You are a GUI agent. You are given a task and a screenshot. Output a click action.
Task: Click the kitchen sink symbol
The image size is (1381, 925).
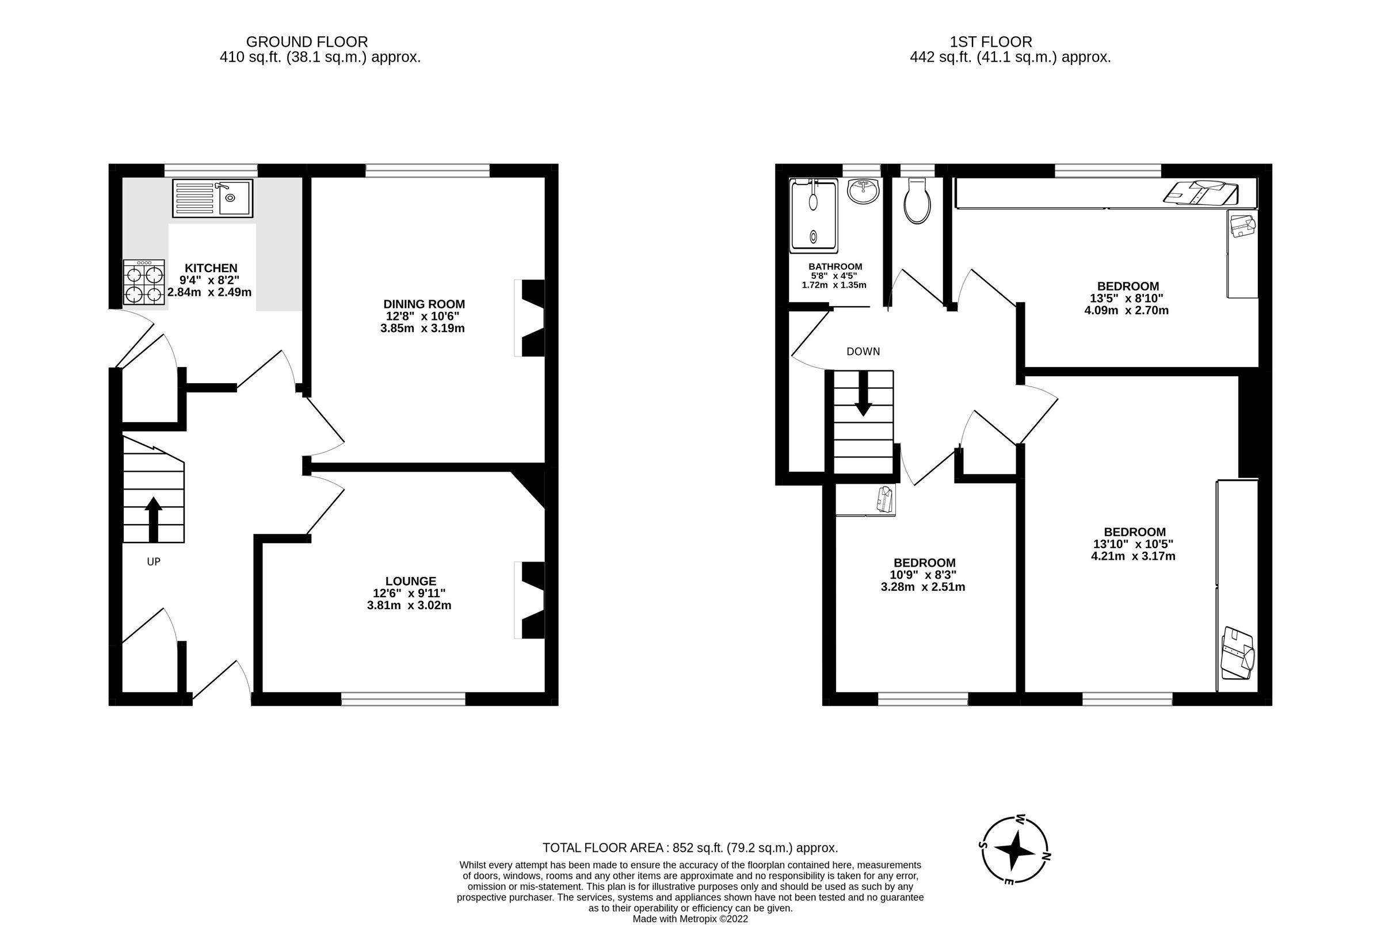[212, 198]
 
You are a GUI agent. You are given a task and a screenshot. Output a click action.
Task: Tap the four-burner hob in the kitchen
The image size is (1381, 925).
[144, 282]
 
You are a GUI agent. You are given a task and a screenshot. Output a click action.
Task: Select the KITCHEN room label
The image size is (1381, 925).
[211, 268]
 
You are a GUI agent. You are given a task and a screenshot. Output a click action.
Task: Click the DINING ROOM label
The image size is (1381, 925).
[424, 304]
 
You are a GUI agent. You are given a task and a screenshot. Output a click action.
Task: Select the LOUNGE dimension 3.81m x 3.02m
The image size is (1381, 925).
[409, 605]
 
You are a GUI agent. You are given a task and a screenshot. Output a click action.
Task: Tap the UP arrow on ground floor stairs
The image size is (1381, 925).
[154, 518]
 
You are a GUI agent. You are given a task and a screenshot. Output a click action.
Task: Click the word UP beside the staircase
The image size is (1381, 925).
[154, 561]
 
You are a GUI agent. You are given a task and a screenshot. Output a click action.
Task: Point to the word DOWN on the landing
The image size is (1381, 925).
[863, 351]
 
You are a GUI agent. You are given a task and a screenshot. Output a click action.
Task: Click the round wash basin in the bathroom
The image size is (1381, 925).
[863, 191]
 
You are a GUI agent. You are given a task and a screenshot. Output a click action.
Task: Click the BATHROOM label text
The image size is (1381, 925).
[835, 267]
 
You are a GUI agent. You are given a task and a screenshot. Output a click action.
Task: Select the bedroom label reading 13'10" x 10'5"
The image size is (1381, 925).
[1133, 544]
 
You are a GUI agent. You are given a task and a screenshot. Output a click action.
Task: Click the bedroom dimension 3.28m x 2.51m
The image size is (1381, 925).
[922, 587]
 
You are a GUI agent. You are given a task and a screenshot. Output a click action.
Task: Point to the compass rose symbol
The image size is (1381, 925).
[1014, 851]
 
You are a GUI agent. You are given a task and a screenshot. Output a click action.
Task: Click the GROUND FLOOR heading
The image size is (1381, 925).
[307, 42]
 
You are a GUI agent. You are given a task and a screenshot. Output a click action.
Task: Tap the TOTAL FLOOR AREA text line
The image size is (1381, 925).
[689, 848]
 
